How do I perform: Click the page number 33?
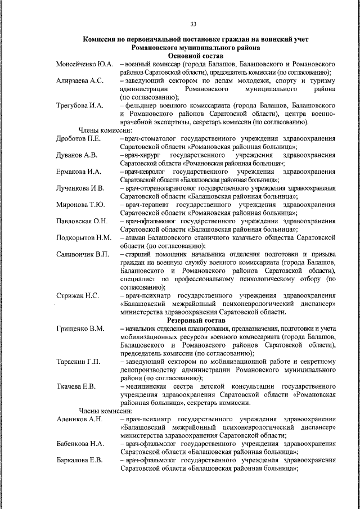pos(193,24)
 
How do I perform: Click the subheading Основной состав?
pos(196,57)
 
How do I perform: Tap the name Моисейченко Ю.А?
pos(85,65)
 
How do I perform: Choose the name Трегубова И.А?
pos(80,105)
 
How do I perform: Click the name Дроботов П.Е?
pos(78,138)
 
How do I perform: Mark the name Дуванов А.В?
pos(77,155)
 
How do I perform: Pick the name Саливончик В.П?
pos(82,254)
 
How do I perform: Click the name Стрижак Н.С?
pos(78,295)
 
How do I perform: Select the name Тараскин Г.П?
pos(78,361)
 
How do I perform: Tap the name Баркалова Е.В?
pos(79,460)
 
